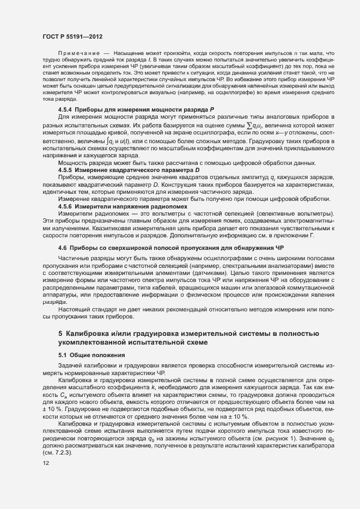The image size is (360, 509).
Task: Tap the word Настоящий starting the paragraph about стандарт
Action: tap(74, 309)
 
